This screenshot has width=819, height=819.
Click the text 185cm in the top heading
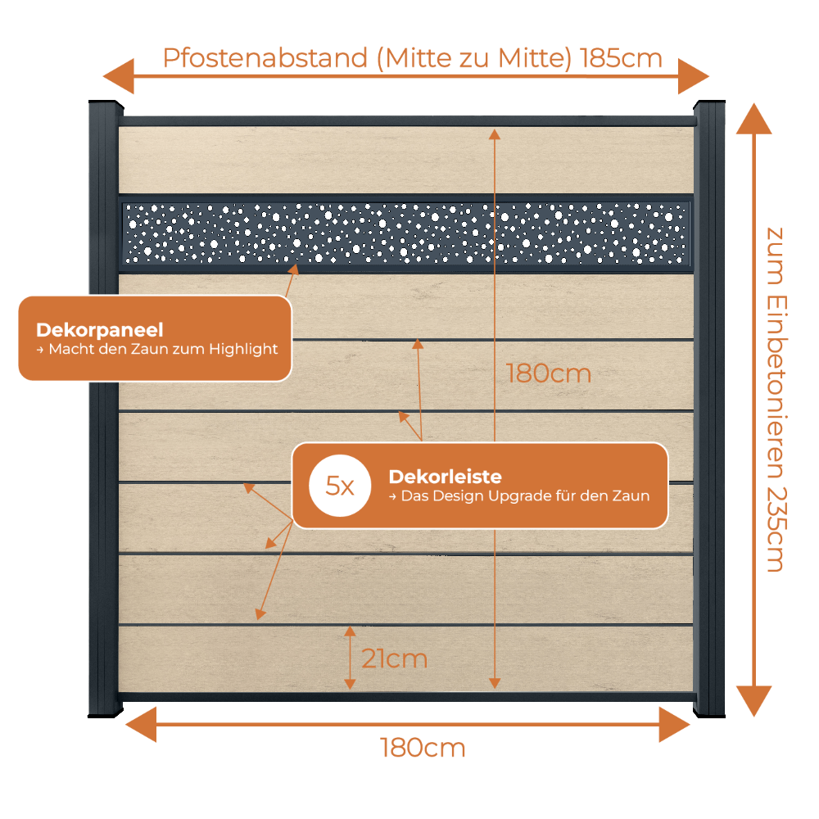(x=621, y=58)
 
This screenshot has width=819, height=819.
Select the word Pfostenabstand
(x=265, y=58)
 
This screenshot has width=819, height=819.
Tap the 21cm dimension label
(x=395, y=658)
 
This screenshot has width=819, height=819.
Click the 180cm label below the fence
(x=423, y=748)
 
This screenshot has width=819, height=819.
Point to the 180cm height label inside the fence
(x=549, y=374)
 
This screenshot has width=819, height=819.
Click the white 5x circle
(x=340, y=486)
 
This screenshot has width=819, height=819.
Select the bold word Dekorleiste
(x=445, y=477)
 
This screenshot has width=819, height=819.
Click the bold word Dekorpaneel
(x=100, y=330)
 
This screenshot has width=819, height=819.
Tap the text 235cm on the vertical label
(x=776, y=530)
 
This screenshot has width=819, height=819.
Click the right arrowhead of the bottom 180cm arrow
(x=675, y=725)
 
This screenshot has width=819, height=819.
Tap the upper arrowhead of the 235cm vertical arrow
(x=753, y=119)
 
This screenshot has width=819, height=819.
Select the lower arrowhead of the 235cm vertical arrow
(x=753, y=701)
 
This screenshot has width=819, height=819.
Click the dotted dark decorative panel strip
(x=406, y=233)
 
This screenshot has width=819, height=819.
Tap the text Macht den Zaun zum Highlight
(x=163, y=349)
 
